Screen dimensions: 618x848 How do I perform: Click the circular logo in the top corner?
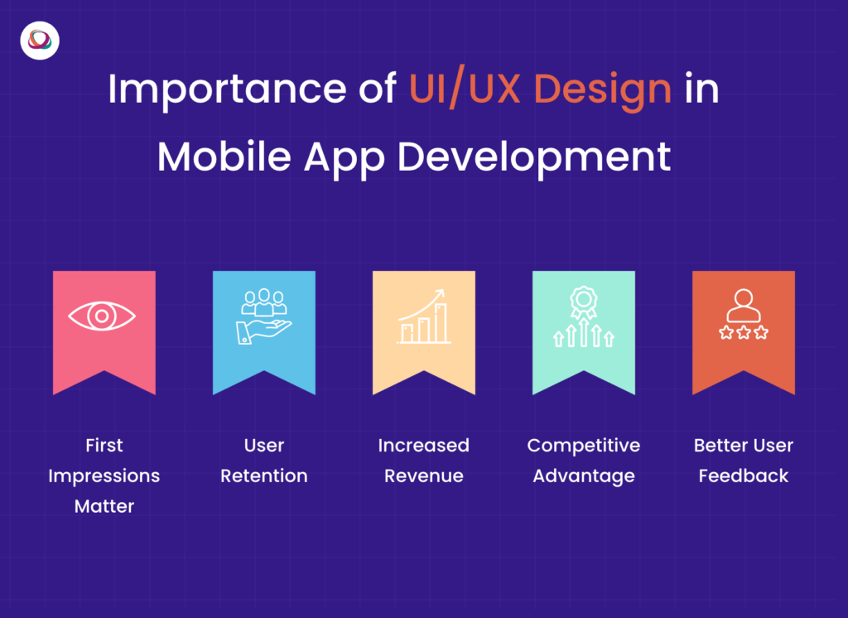40,40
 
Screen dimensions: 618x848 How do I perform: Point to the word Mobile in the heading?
221,156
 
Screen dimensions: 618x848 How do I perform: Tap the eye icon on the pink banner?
103,316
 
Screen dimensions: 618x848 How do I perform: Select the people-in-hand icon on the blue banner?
263,316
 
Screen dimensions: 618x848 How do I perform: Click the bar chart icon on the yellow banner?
423,316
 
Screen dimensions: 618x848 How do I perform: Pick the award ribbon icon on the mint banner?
583,316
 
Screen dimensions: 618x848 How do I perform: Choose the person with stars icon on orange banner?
743,315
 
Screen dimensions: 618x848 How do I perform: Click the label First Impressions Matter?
104,476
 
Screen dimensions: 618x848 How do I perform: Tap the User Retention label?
264,461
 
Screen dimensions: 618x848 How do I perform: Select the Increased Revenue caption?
423,461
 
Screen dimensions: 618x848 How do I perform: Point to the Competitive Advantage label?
583,461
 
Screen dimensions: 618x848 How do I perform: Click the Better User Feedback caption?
743,461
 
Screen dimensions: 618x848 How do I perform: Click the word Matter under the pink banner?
104,506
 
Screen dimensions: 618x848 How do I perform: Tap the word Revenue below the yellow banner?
423,476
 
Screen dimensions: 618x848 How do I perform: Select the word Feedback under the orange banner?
743,476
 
